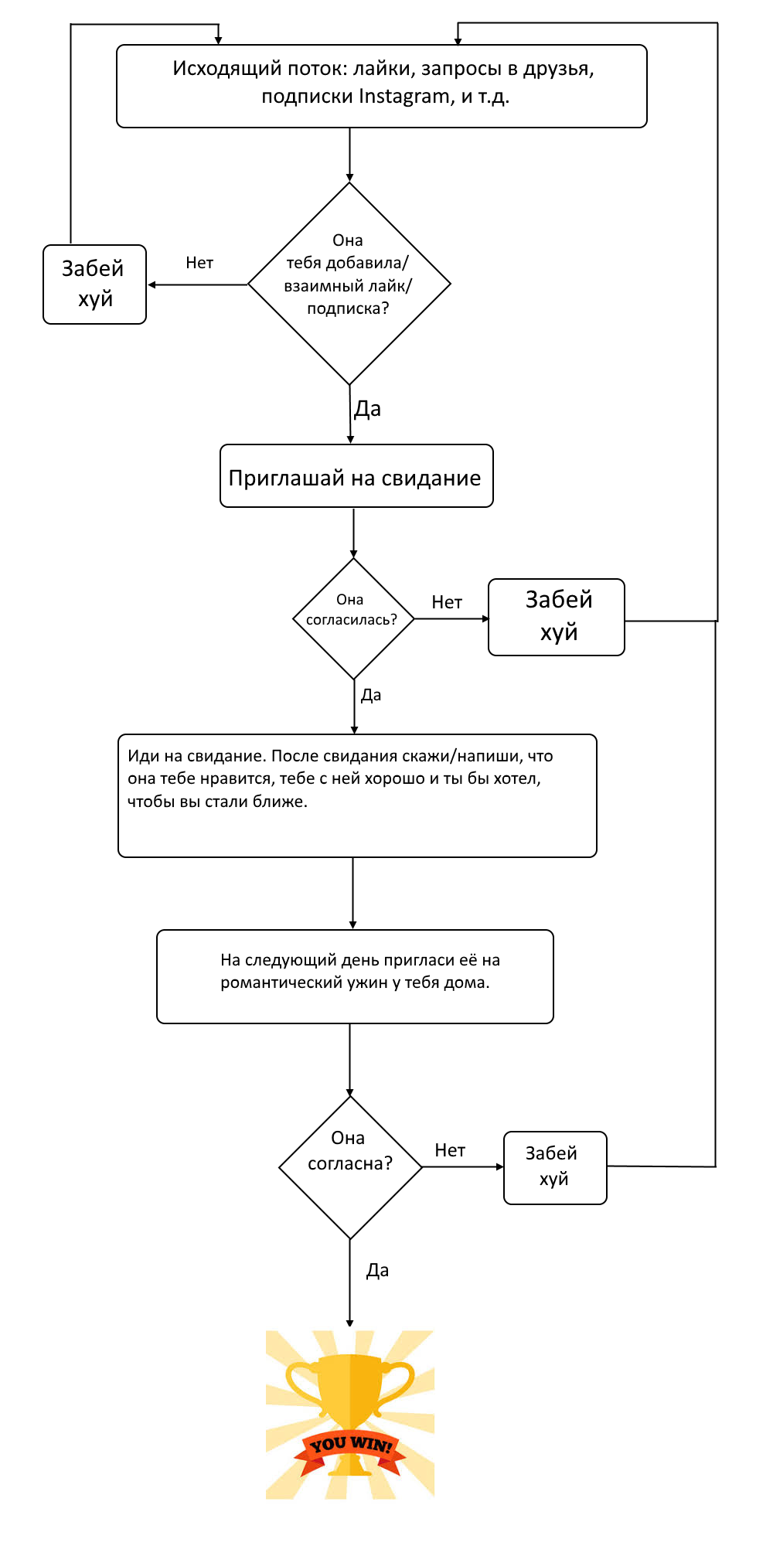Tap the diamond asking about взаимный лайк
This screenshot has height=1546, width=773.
(x=349, y=284)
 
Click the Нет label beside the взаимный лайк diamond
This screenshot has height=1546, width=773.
(x=199, y=263)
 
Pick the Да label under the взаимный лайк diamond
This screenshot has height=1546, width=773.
(x=367, y=409)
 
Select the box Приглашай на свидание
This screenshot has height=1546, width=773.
(x=356, y=476)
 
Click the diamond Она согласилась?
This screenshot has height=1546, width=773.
(x=353, y=618)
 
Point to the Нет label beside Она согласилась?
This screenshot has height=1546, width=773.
(x=447, y=602)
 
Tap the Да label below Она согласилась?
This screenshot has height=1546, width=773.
(x=371, y=695)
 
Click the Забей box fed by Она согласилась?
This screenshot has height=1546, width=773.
(x=557, y=617)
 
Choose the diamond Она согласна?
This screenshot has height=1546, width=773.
(x=350, y=1167)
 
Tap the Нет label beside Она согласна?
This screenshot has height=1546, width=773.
(x=450, y=1150)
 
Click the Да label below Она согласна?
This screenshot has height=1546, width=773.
(x=377, y=1270)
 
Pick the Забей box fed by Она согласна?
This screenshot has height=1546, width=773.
(x=555, y=1168)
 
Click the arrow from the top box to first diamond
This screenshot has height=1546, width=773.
(x=349, y=155)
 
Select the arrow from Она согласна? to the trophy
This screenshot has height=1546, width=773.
(x=350, y=1284)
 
